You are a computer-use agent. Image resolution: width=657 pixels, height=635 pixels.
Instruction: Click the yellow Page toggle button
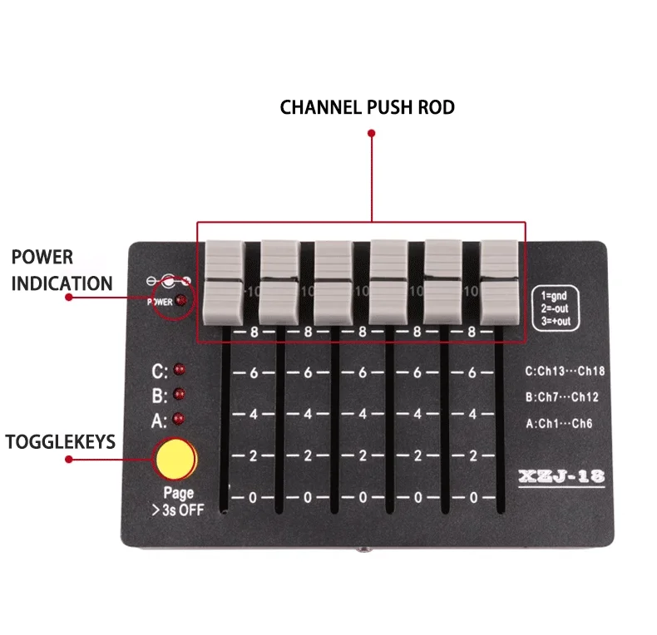[175, 457]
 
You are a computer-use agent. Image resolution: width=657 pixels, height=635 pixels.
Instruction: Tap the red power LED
[180, 302]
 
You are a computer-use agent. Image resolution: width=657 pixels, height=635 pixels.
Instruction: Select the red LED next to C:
[180, 370]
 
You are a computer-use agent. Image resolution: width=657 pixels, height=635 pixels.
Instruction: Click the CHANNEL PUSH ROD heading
[367, 108]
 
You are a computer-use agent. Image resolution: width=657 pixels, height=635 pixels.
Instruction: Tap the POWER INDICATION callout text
[62, 270]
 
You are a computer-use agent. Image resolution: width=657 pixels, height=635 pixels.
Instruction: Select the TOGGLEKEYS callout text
[61, 441]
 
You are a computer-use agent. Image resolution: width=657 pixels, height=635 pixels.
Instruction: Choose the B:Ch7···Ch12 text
[561, 397]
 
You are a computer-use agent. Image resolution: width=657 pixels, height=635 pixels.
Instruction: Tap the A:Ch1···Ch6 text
[558, 422]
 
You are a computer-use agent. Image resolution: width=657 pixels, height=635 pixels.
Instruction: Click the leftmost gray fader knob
[223, 283]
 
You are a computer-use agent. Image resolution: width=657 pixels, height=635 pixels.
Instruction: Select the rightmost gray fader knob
[499, 283]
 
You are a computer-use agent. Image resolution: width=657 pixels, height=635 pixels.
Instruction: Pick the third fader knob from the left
[333, 283]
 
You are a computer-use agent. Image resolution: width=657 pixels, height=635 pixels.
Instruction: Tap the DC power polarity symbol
[169, 282]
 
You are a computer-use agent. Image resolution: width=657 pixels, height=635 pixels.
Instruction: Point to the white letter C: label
[160, 370]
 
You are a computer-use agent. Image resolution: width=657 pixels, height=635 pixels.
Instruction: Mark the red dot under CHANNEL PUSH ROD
[372, 131]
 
